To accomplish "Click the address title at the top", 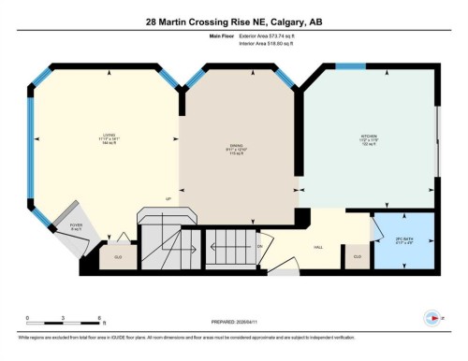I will [x=234, y=21].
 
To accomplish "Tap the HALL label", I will [x=319, y=247].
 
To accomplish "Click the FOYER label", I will [x=76, y=224].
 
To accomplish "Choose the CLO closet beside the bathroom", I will [x=358, y=255].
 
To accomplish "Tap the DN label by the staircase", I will [x=260, y=245].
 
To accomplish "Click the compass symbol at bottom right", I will [x=431, y=317].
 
